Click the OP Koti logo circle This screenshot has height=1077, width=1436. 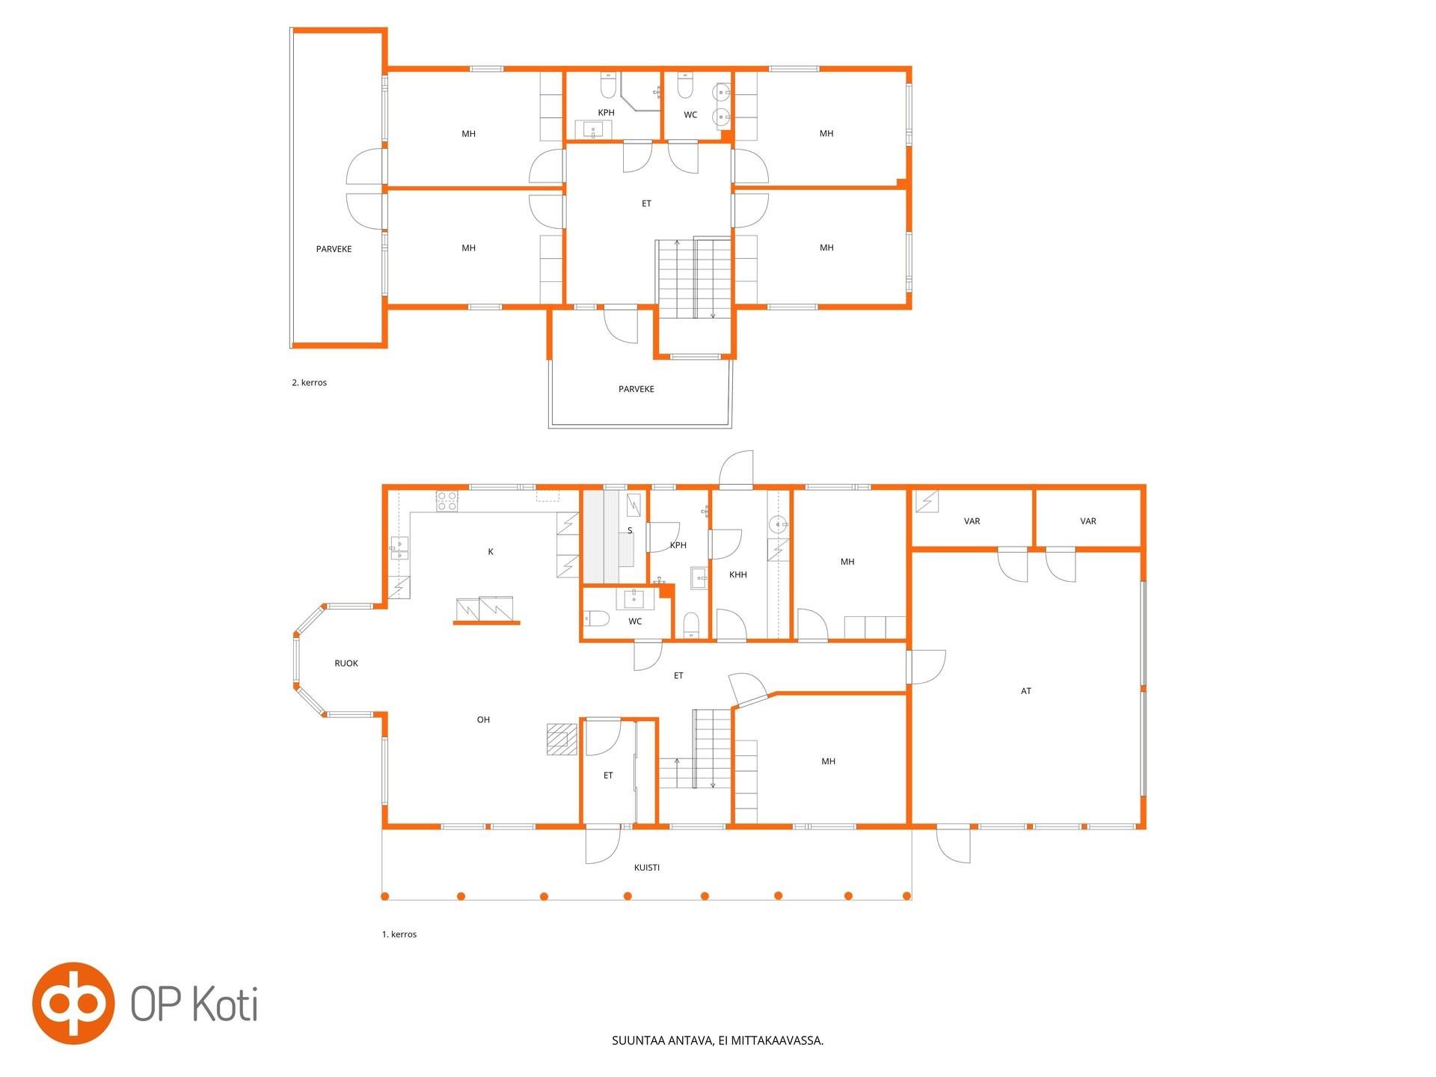pos(73,1003)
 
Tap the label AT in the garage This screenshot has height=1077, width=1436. pos(1026,691)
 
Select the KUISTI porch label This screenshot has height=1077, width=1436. pos(647,868)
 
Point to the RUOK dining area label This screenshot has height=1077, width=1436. pos(346,663)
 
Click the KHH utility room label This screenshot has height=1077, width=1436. pos(738,575)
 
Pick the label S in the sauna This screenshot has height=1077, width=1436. pos(630,531)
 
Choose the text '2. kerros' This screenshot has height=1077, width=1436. pos(309,383)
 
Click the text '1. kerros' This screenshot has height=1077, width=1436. pos(399,935)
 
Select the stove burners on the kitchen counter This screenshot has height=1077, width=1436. pos(447,500)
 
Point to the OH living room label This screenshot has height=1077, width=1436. pos(484,720)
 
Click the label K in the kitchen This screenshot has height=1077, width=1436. pos(491,552)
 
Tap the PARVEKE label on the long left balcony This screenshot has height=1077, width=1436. pos(334,250)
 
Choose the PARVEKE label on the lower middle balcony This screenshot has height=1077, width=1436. pos(636,390)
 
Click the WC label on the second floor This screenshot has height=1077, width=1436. pos(690,115)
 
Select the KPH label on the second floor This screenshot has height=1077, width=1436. pos(606,113)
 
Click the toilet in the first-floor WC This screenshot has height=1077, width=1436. pos(596,619)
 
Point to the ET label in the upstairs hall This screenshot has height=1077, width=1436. pos(647,203)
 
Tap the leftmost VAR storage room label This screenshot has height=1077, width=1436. pos(972,521)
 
